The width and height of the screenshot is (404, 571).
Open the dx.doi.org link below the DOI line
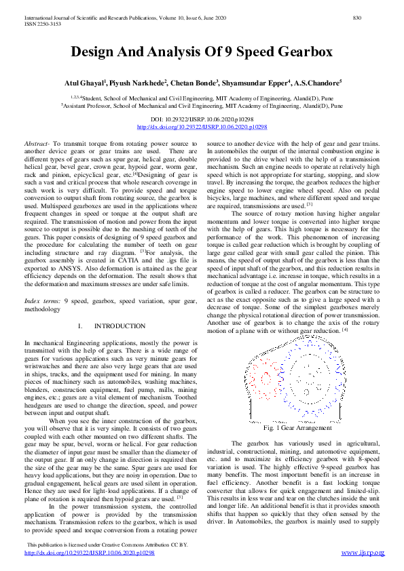click(202, 127)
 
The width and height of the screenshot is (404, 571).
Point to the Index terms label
click(40, 300)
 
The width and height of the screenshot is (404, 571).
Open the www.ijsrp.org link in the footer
click(363, 553)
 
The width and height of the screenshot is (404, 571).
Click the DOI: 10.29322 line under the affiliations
click(202, 119)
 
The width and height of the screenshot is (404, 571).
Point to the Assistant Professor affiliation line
click(202, 106)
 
